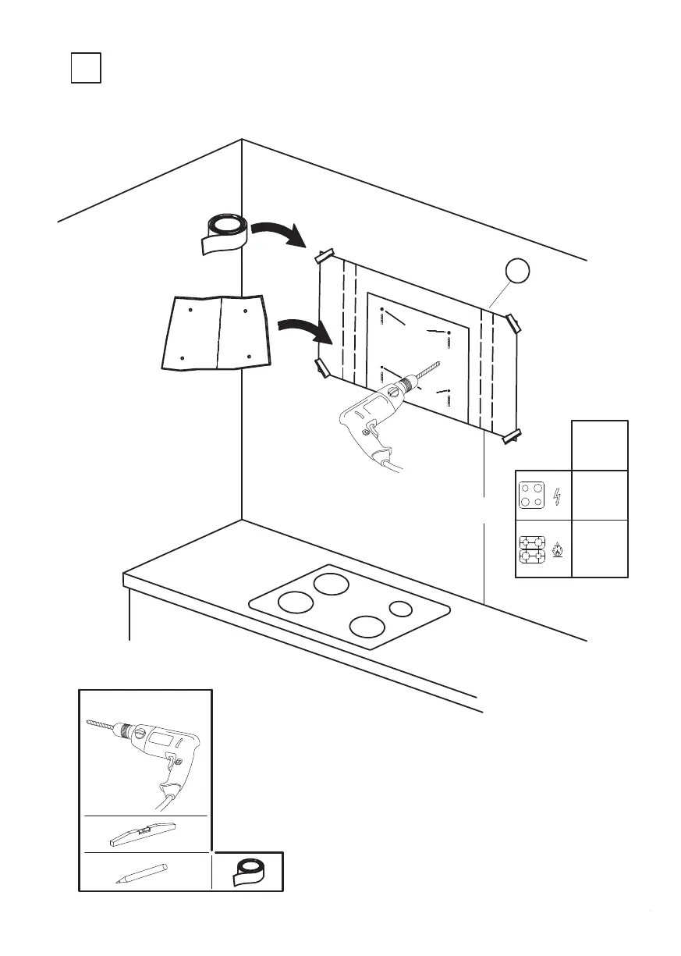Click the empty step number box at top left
coord(86,67)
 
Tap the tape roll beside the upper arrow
coord(224,232)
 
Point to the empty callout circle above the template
coord(517,270)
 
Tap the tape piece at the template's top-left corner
coord(324,256)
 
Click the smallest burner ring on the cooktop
coord(400,609)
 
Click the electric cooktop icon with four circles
coord(534,496)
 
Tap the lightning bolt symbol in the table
coord(557,496)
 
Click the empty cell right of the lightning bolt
coord(600,495)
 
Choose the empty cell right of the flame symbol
coord(600,548)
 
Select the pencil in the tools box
coord(141,872)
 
